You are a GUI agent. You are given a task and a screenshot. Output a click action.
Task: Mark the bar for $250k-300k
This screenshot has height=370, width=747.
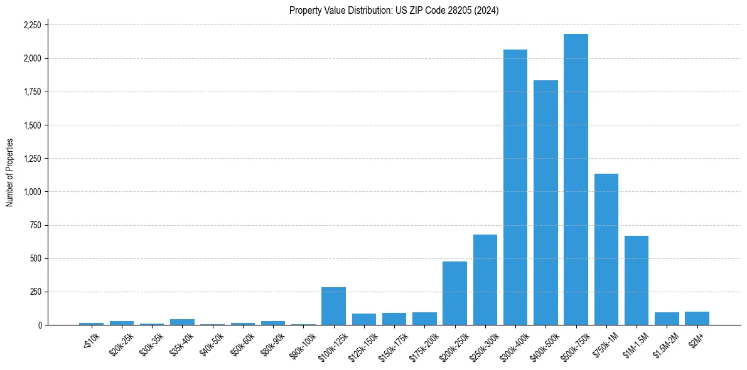click(485, 280)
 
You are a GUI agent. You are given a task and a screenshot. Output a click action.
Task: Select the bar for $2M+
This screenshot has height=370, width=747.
click(697, 318)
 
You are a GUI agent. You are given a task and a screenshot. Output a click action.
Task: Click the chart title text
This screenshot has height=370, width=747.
click(394, 11)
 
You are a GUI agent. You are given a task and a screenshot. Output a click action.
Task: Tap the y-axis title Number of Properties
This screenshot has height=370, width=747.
click(10, 172)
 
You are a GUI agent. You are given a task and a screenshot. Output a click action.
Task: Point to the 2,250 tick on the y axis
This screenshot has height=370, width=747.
click(32, 25)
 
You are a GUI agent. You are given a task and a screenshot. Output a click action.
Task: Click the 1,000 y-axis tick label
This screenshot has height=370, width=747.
click(32, 192)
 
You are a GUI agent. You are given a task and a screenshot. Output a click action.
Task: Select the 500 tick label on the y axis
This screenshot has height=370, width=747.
click(36, 258)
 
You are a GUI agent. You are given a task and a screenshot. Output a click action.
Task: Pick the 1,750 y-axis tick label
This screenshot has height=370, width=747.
click(32, 92)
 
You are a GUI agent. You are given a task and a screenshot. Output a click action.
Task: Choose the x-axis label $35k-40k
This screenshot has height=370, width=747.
click(181, 342)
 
